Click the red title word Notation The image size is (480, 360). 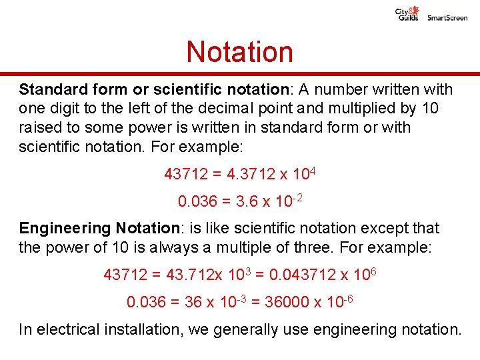(x=239, y=51)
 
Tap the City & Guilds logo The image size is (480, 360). (x=407, y=14)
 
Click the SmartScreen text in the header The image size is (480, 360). (x=447, y=18)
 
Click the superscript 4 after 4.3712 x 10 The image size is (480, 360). (x=313, y=171)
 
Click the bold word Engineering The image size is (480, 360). (x=65, y=229)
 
